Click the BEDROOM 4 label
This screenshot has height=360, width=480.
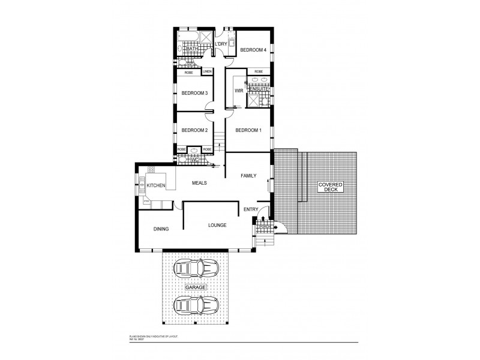pos(253,50)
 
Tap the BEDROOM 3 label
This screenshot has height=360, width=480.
pos(194,93)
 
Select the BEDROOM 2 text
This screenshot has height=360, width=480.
pos(194,130)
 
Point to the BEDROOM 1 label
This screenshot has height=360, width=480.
pos(248,130)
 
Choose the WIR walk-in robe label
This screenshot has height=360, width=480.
pos(238,91)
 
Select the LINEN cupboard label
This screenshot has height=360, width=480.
pos(207,71)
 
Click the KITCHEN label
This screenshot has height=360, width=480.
pos(156,186)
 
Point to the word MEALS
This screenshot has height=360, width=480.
pos(200,182)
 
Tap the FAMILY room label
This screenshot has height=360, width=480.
pos(248,176)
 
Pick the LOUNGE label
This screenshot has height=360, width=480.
pos(217,226)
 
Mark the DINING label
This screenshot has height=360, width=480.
pos(161,229)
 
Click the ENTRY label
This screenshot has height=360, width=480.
pos(250,209)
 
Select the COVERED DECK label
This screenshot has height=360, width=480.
pos(328,187)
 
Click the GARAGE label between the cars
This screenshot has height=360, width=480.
pos(196,288)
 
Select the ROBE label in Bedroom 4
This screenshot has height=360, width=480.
pos(259,71)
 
